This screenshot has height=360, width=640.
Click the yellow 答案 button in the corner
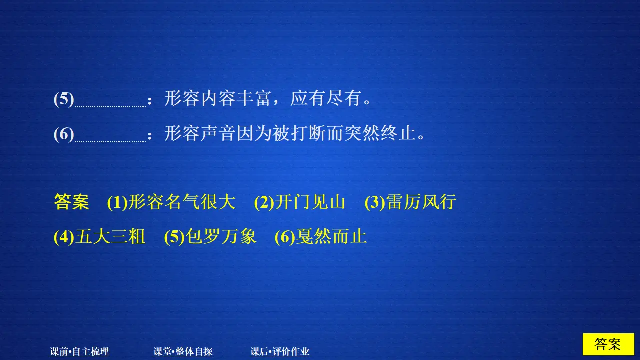[x=608, y=344]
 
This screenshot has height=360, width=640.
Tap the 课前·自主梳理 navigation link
[x=79, y=352]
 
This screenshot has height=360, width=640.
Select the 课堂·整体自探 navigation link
[x=183, y=352]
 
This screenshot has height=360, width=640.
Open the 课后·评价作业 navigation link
[x=280, y=352]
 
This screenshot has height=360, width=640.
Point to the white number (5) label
[x=64, y=99]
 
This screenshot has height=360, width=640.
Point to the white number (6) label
[x=64, y=134]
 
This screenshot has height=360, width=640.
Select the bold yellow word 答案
[x=71, y=202]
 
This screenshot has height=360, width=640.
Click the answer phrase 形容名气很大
[x=182, y=202]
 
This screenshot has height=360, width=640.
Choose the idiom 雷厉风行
[x=421, y=202]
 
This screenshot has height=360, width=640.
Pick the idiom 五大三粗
[x=110, y=236]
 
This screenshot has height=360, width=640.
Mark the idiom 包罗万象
[x=221, y=236]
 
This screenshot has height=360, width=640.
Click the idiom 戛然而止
[x=331, y=236]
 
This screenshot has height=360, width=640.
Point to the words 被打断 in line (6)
[x=290, y=134]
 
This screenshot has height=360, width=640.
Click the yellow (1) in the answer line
[x=117, y=202]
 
